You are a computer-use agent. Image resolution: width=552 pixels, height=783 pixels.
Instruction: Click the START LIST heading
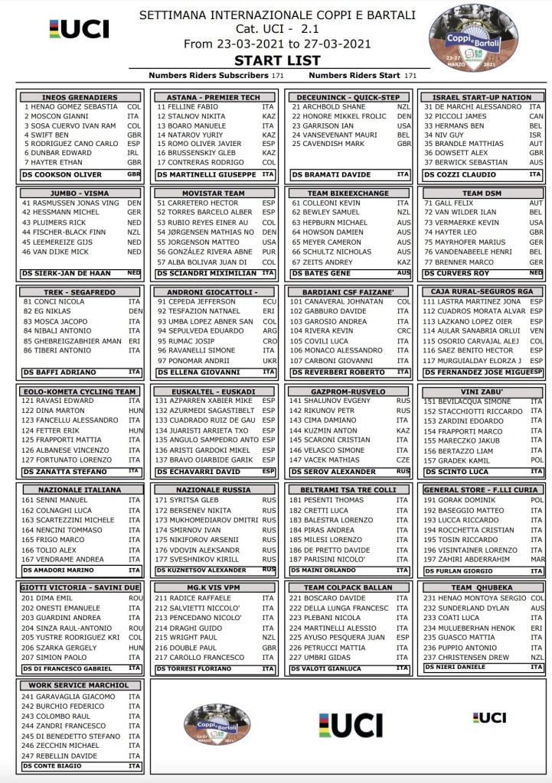coord(276,60)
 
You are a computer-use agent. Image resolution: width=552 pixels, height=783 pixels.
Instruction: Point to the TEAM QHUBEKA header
coord(482,587)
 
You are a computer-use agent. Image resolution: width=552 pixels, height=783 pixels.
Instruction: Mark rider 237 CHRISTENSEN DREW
coord(466,657)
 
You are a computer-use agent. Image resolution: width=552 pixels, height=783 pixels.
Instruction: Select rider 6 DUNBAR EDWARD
coord(51,153)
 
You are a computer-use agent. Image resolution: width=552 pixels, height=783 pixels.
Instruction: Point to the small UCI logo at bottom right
coord(489,717)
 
